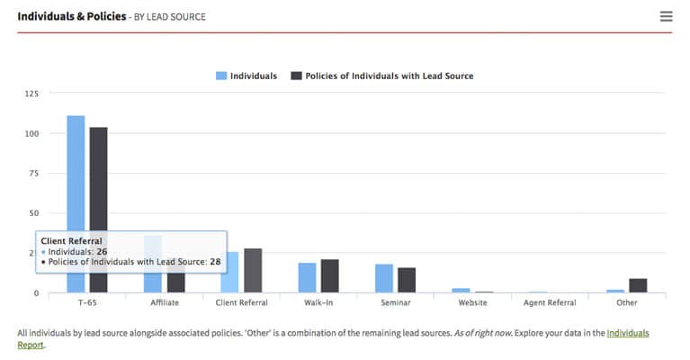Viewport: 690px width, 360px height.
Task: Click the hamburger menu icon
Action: tap(666, 16)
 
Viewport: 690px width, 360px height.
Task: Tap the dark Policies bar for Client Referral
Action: tap(253, 270)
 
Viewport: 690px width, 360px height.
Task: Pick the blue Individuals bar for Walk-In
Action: tap(308, 277)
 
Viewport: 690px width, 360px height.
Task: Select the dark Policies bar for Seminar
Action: tap(407, 280)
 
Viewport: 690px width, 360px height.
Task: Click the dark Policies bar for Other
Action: tap(638, 285)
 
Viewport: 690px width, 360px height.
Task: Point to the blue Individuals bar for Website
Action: tap(461, 290)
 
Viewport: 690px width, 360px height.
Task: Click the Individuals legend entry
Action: tap(246, 76)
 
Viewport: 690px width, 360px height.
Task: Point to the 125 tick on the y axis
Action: tap(31, 94)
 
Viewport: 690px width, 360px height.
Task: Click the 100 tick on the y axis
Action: tap(31, 133)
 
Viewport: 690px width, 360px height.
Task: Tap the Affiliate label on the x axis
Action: tap(165, 302)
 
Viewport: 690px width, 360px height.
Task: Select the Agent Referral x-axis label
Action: tap(550, 302)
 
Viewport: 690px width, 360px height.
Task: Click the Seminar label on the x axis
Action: tap(396, 302)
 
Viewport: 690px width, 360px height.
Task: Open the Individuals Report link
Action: tap(627, 333)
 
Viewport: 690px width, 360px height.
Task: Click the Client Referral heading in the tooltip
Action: tap(72, 241)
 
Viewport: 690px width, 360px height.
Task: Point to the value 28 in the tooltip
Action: tap(215, 261)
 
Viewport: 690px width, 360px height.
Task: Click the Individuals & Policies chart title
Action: tap(71, 16)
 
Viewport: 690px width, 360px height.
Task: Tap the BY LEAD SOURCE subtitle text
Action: tap(170, 17)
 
